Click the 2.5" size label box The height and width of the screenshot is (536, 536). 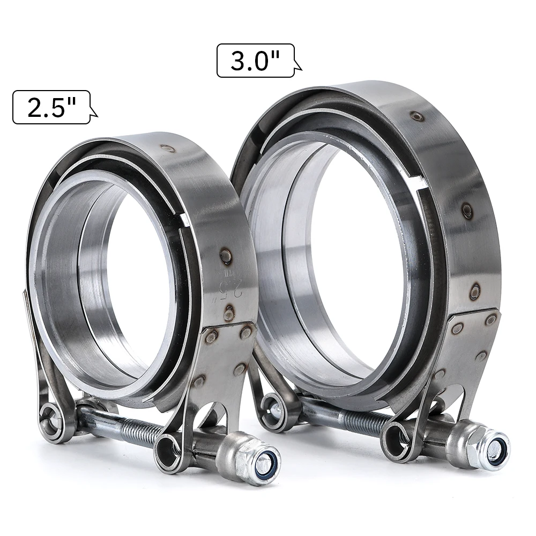click(51, 107)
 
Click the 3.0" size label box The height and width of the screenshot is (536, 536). click(255, 61)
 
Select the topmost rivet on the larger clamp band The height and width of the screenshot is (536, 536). click(416, 116)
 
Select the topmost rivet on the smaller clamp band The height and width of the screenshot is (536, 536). click(168, 148)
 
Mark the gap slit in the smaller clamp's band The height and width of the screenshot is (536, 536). click(184, 220)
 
